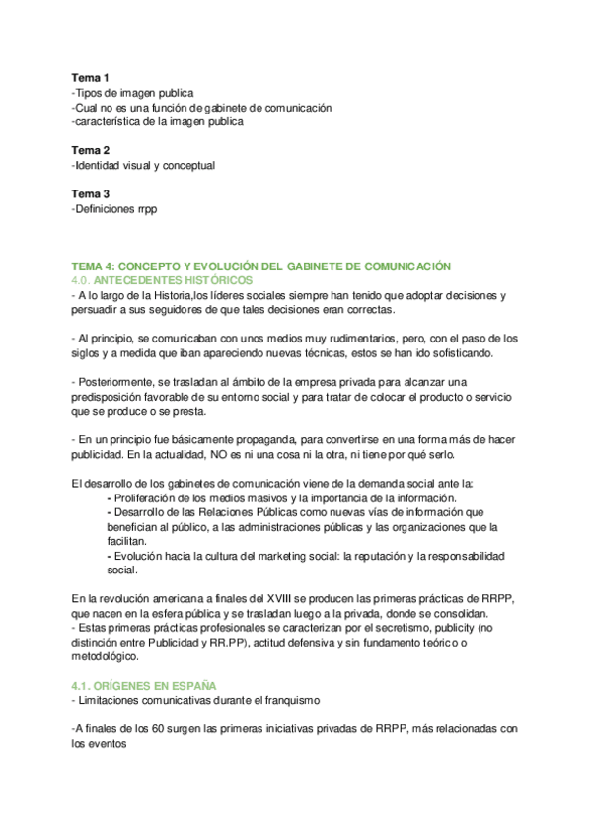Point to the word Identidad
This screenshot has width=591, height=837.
[98, 165]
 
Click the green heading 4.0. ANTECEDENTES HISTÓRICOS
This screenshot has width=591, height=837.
[162, 281]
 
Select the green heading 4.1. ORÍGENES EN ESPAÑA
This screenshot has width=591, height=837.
[144, 684]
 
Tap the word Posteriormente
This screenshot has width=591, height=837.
[118, 383]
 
